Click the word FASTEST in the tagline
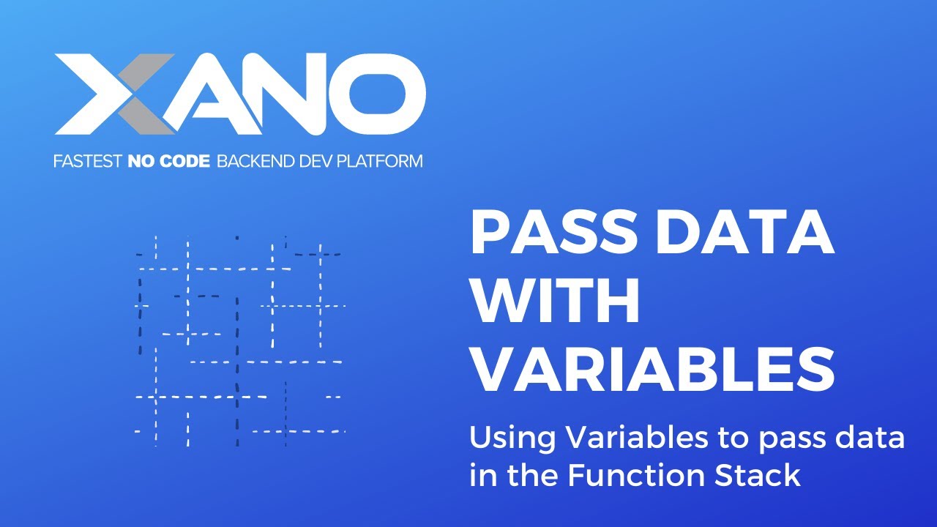[x=87, y=161]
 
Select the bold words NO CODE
[x=169, y=161]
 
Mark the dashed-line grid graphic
[x=239, y=340]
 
